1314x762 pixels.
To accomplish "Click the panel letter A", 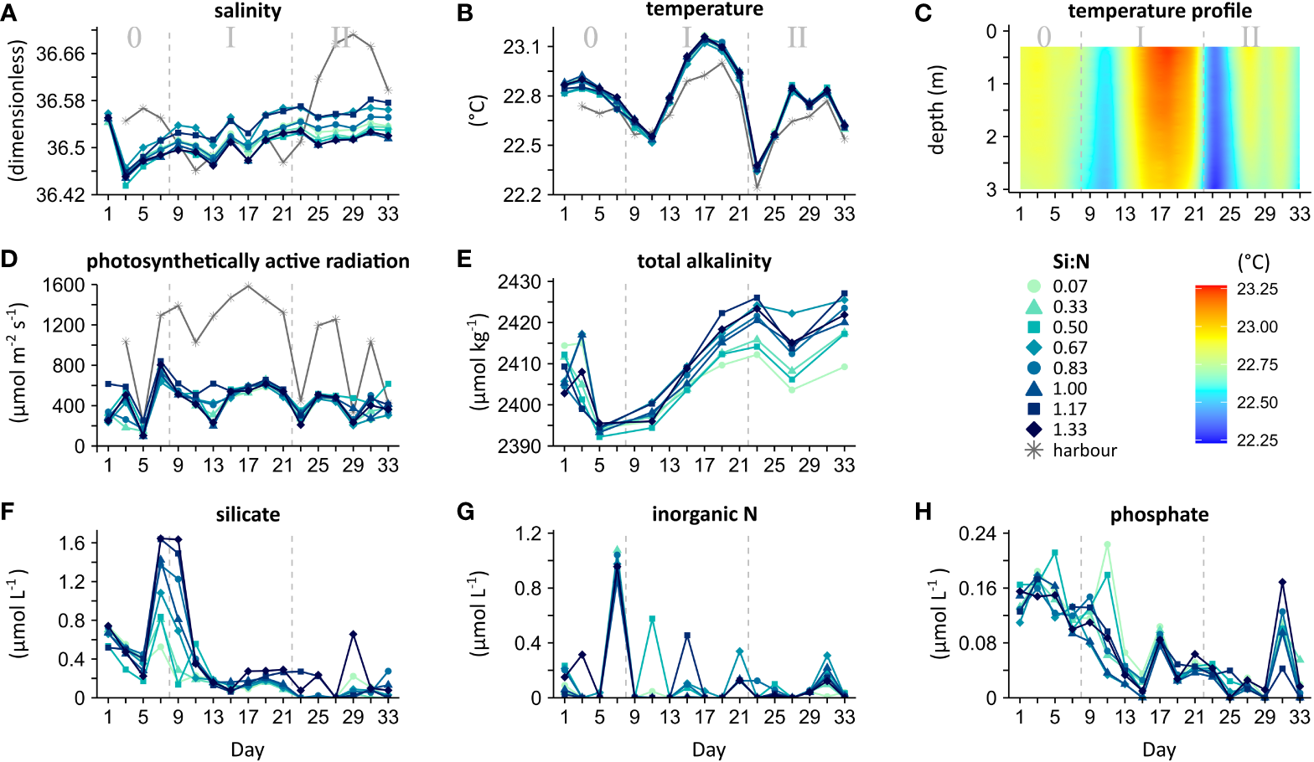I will (9, 13).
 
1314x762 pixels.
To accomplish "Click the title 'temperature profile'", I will (1160, 11).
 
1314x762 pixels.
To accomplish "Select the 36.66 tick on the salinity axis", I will (61, 54).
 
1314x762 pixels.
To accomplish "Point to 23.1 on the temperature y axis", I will (522, 47).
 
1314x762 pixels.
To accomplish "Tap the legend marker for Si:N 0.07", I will (1034, 286).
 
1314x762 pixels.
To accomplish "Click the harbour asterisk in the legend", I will (1034, 451).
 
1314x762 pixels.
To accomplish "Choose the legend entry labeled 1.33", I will (1069, 430).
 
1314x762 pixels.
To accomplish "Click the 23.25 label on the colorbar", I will (1257, 289).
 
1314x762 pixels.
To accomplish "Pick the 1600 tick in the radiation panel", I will (64, 285).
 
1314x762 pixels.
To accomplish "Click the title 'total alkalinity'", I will (704, 260).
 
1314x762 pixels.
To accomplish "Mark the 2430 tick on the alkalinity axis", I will (520, 282).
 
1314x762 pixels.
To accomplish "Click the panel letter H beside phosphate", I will (923, 512).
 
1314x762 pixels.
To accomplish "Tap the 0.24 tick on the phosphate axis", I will (977, 533).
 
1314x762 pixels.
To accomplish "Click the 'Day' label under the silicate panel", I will (247, 749).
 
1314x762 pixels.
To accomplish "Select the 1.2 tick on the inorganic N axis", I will (526, 533).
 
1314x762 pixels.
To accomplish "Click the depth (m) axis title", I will (937, 109).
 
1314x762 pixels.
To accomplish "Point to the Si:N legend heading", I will (1071, 261).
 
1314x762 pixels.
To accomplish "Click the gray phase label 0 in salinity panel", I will (134, 38).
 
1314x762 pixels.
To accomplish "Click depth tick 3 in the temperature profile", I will (991, 189).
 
